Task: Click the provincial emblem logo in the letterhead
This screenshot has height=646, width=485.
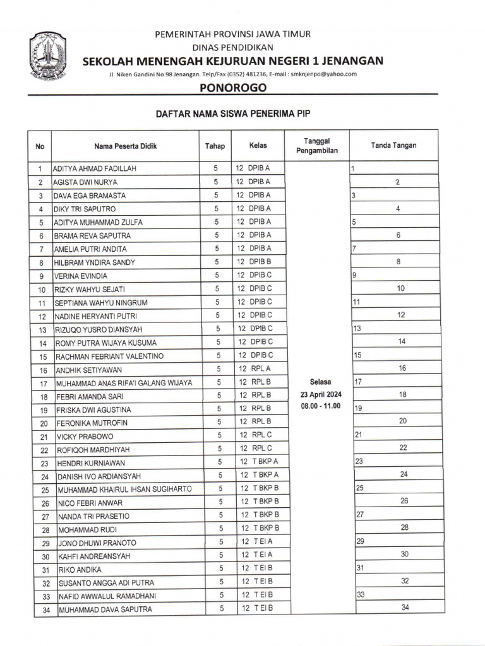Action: coord(48,57)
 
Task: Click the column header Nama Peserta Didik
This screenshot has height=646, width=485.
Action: coord(125,146)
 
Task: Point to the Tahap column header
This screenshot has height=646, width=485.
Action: coord(215,146)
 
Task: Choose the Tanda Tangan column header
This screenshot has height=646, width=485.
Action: coord(393,146)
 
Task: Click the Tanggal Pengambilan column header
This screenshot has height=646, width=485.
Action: coord(317,146)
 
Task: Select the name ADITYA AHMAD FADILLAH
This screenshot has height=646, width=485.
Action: coord(95,169)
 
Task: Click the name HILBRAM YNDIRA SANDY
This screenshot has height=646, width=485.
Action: coord(94,262)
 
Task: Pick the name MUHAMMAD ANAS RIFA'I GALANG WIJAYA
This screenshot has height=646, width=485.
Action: coord(124,383)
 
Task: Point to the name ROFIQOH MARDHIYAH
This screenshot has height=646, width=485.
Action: coord(92,450)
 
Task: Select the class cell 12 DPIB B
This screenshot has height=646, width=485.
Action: coord(254,261)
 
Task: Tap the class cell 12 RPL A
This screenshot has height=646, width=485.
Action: coord(254,368)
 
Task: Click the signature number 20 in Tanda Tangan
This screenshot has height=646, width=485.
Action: coord(402,421)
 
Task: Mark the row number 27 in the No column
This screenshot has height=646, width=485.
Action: coord(44,517)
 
